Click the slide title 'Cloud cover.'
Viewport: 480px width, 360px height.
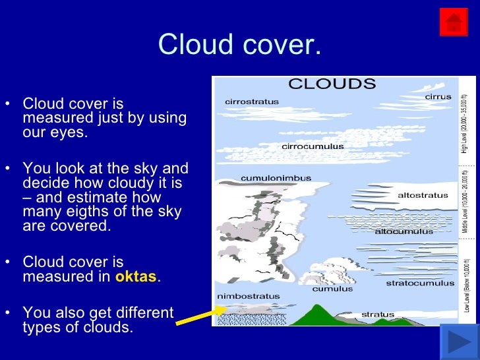(x=239, y=44)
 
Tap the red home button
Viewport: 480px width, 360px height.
(x=453, y=22)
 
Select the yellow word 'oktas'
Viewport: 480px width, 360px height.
(x=136, y=277)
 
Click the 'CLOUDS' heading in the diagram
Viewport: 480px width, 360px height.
(x=332, y=84)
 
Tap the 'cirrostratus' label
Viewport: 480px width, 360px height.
(x=251, y=102)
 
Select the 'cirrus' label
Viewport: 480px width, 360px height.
(x=438, y=97)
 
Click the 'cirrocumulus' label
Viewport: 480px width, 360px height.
(x=313, y=146)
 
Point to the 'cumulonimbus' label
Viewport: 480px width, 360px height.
(x=276, y=178)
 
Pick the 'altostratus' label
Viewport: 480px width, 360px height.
(x=423, y=195)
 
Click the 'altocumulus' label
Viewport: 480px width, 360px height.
(x=404, y=231)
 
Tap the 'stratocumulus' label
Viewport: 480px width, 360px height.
(x=420, y=283)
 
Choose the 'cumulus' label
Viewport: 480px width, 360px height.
(x=332, y=288)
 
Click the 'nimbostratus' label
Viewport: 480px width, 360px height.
(x=248, y=296)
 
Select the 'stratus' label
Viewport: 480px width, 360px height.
(x=378, y=315)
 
